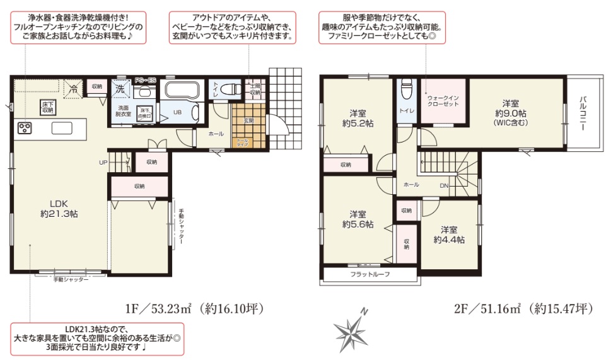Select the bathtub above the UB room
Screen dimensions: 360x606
182,90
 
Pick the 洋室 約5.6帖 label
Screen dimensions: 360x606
358,218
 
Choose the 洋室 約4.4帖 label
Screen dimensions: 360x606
449,235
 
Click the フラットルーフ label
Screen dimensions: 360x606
370,274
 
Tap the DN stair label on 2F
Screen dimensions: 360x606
444,185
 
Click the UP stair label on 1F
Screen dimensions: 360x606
103,162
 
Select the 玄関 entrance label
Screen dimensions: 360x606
249,120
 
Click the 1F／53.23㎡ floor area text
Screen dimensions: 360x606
193,309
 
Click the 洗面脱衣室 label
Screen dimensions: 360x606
122,111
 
